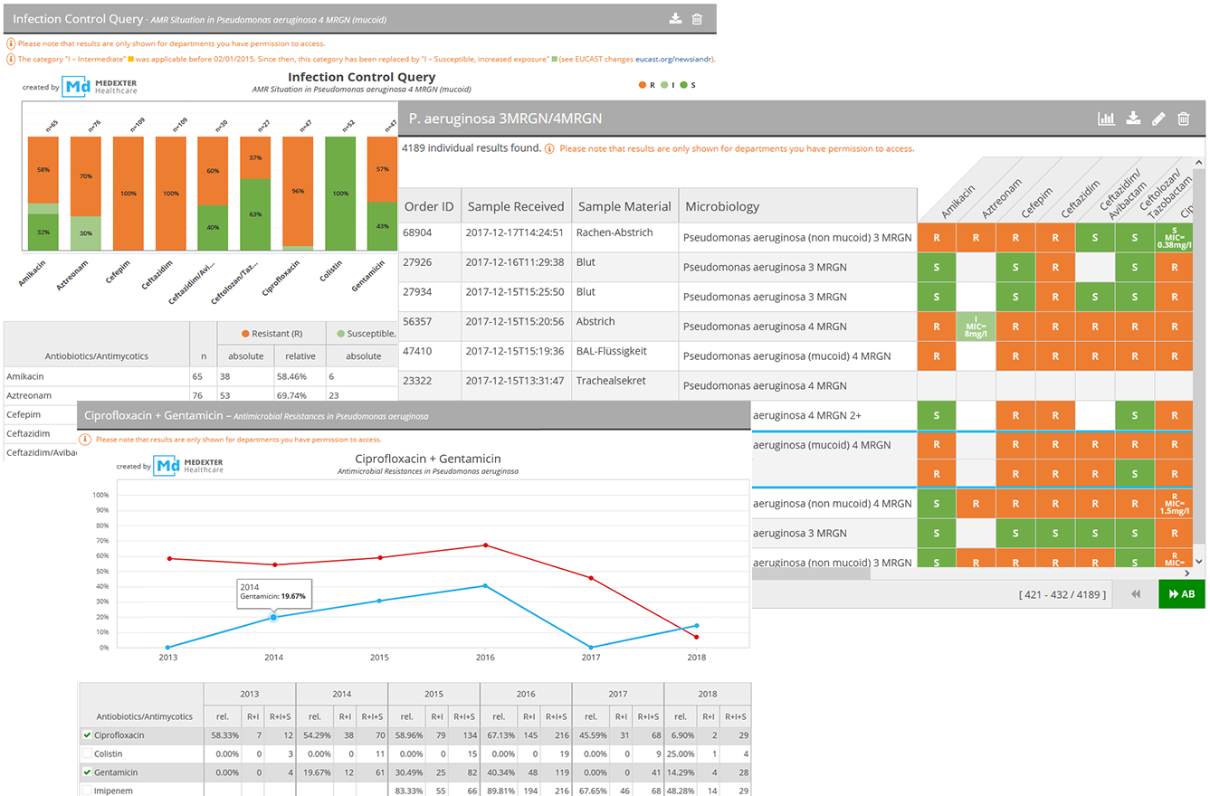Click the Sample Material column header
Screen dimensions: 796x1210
(624, 206)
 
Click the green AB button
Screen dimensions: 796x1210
(1181, 594)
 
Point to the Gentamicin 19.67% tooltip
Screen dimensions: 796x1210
(273, 592)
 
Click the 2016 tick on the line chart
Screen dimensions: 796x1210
(485, 656)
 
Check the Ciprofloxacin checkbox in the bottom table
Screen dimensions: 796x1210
(87, 735)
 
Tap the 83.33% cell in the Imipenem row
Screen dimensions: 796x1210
(410, 790)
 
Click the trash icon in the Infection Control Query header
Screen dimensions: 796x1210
(697, 19)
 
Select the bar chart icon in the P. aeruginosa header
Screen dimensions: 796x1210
(1106, 118)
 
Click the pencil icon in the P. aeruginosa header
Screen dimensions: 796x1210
(1158, 118)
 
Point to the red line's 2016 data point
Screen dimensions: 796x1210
(485, 545)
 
